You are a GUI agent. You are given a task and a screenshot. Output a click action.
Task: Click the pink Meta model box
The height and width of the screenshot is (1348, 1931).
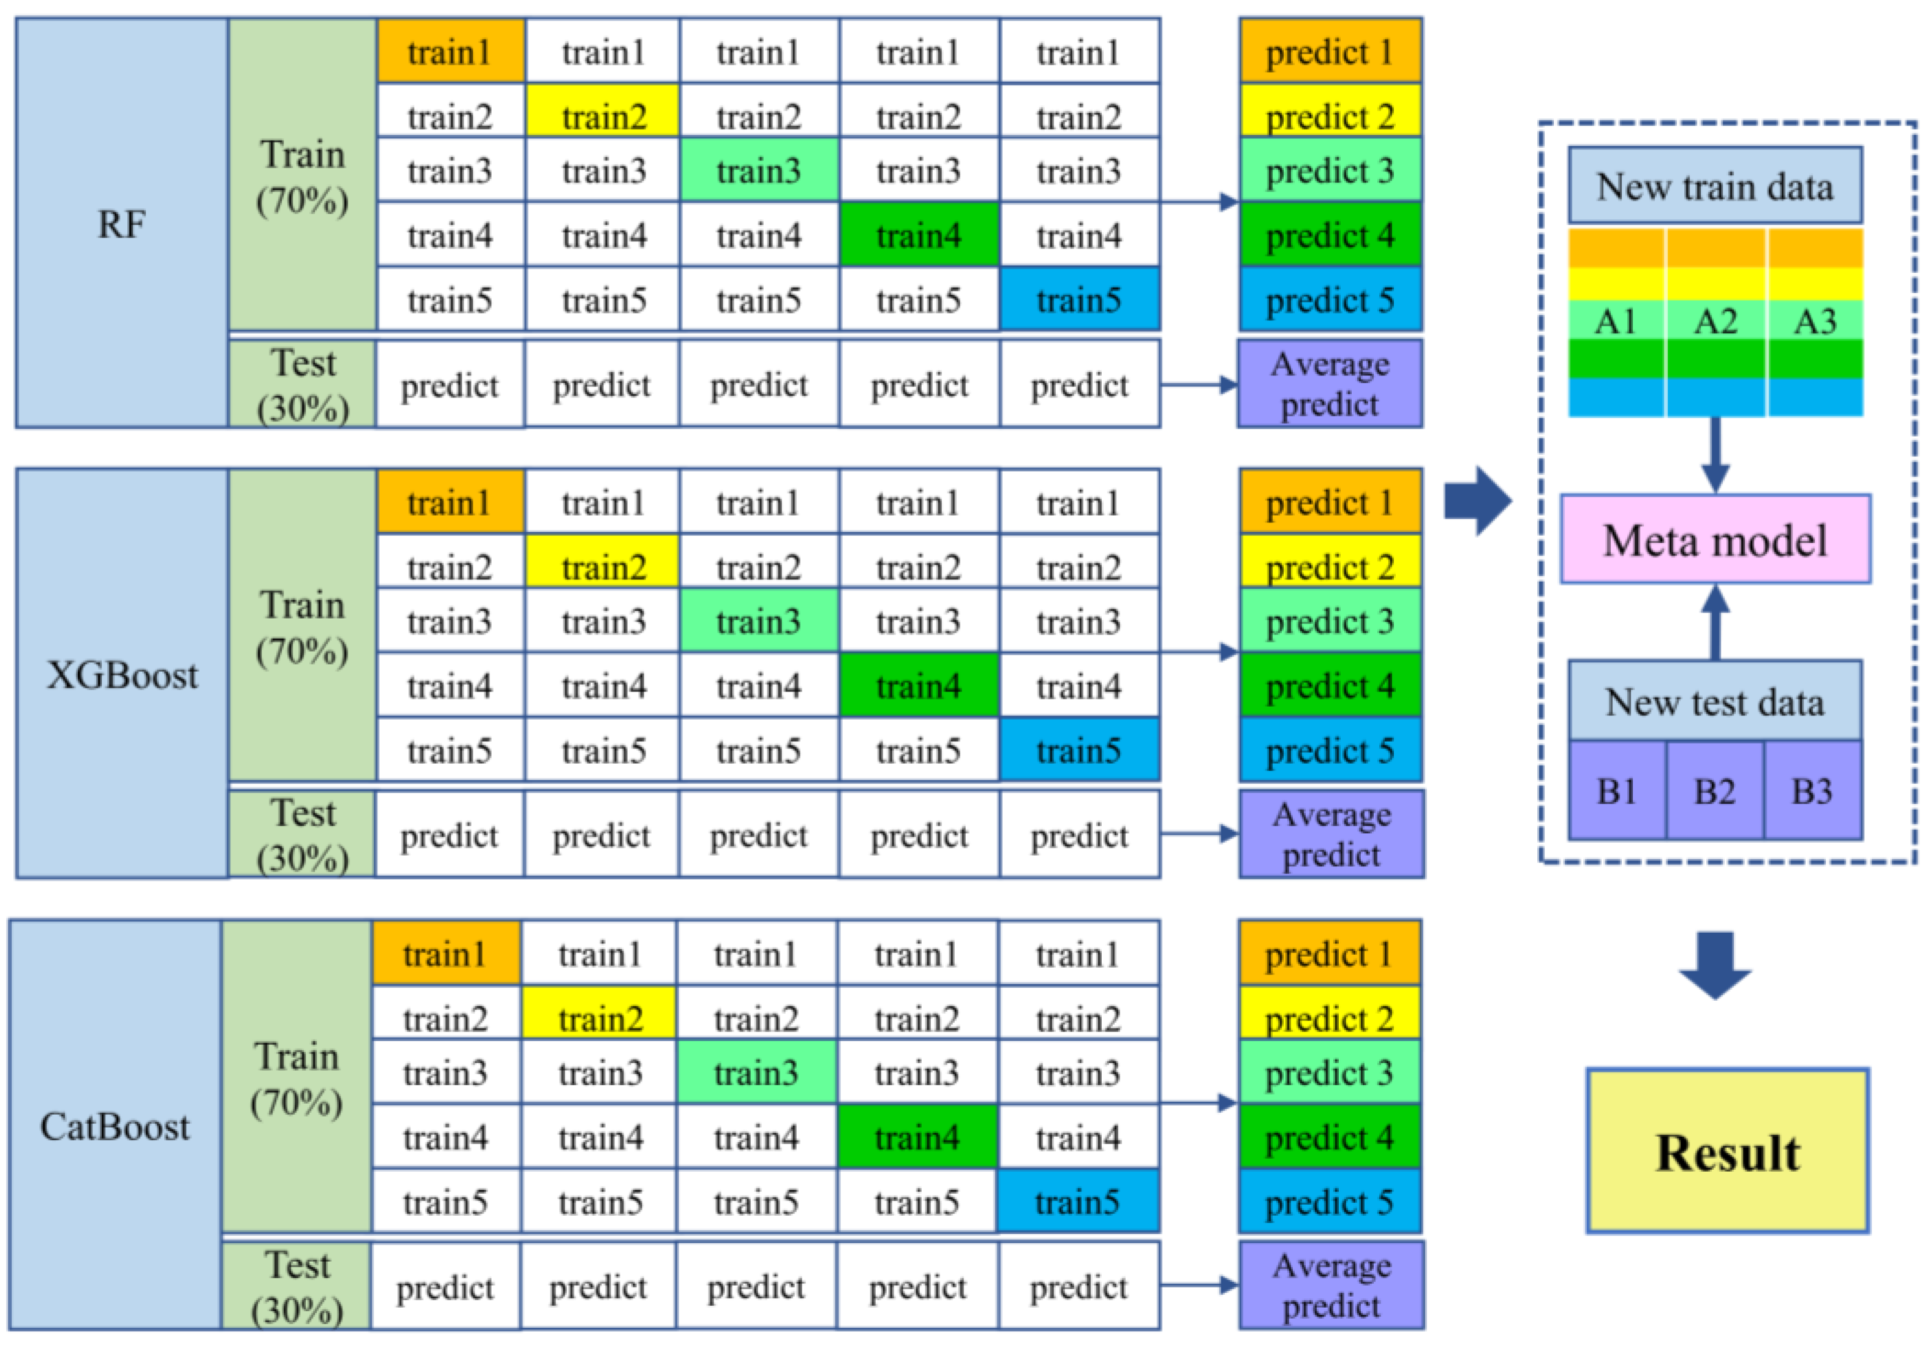coord(1715,539)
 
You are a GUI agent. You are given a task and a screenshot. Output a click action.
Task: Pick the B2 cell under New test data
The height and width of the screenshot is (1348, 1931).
coord(1714,791)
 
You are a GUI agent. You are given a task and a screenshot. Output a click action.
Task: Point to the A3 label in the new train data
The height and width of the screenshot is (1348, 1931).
coord(1815,322)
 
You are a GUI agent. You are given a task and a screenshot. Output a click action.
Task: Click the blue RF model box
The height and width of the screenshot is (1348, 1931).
coord(121,224)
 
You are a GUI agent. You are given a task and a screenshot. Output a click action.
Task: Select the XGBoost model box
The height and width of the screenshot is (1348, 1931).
coord(121,674)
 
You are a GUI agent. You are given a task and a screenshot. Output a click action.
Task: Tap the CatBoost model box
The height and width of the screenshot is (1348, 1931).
coord(115,1125)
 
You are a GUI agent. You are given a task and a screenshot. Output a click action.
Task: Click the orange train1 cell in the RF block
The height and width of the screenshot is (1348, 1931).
coord(450,52)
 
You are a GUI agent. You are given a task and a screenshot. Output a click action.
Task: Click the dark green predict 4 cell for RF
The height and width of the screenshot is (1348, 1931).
coord(1329,235)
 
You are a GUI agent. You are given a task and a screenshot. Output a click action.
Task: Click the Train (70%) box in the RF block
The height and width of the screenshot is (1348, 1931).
coord(302,176)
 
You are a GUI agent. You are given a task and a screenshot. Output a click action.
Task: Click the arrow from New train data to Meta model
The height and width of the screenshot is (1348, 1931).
coord(1715,454)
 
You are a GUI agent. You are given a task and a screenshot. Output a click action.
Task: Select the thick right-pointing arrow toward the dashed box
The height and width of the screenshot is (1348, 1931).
coord(1477,501)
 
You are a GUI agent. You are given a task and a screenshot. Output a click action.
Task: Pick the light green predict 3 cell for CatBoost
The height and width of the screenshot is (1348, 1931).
coord(1329,1072)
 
